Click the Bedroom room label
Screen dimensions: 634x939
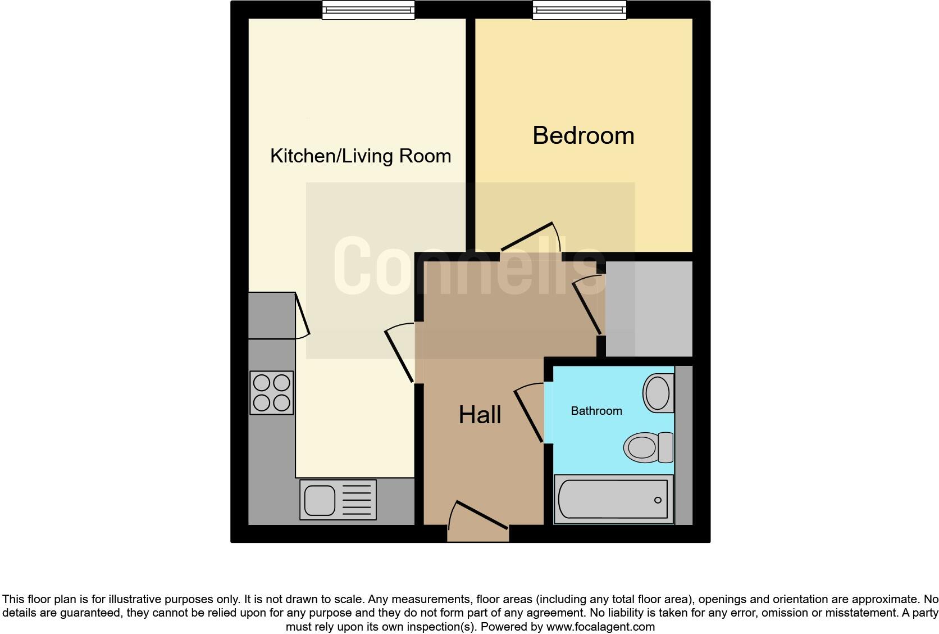(583, 136)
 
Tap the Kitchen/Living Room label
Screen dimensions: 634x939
(361, 156)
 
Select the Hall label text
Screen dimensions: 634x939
(480, 415)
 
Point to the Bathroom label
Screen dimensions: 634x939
(596, 411)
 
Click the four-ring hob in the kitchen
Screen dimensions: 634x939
(272, 393)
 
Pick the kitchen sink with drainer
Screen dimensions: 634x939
(338, 499)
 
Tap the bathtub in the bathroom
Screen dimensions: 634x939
(613, 499)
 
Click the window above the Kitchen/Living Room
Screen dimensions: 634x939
(368, 10)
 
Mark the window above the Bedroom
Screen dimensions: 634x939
(580, 10)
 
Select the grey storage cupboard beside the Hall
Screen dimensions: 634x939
(649, 309)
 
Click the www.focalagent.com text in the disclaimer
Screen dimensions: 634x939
(600, 626)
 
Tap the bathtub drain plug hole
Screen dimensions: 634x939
(658, 500)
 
